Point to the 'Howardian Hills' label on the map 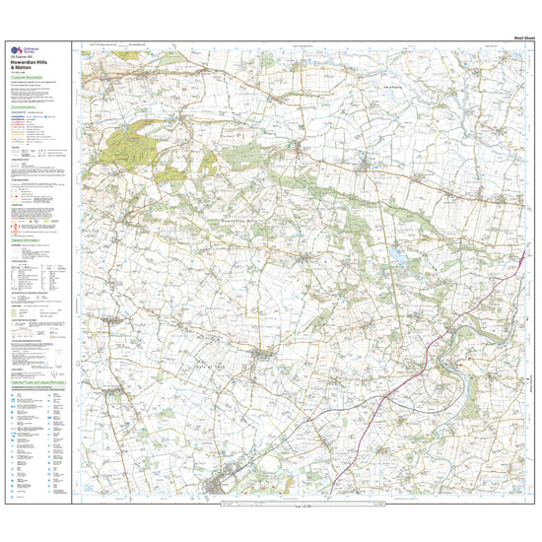pyautogui.click(x=239, y=223)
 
